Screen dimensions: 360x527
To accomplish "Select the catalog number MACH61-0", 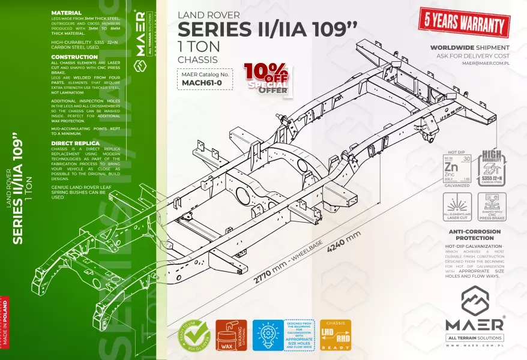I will (186, 83).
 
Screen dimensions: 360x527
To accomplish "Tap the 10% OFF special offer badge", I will (267, 79).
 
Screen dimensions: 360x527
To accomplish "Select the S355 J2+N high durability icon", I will (492, 169).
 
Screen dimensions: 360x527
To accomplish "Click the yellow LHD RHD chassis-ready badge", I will (336, 335).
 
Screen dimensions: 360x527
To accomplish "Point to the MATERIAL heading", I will (67, 13).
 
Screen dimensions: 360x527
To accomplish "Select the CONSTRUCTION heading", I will (74, 57).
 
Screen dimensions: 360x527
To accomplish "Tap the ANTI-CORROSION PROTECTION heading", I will (475, 235).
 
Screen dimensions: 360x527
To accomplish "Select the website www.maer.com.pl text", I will (474, 346).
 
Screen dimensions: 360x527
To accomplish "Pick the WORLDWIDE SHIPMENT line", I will (470, 47).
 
